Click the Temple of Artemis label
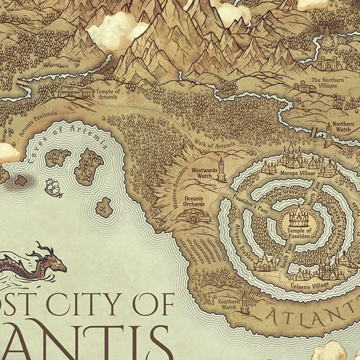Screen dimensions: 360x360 click(108, 94)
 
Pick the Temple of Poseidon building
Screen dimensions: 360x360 click(297, 216)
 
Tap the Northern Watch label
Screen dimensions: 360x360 click(343, 127)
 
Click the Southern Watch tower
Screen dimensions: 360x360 click(244, 303)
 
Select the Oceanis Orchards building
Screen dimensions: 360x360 click(194, 217)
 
